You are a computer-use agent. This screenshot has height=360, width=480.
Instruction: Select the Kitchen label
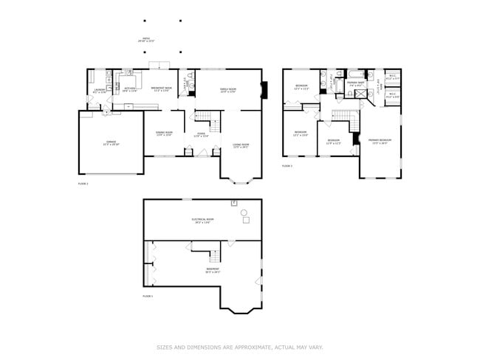coord(128,89)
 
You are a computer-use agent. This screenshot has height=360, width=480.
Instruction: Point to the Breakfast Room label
coord(162,89)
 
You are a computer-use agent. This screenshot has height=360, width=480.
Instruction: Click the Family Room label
coord(227,89)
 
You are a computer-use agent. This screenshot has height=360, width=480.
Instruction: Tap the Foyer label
coord(201,135)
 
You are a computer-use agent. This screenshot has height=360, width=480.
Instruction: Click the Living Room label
coord(241,145)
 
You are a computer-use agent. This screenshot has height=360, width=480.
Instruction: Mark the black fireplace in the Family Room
coord(265,90)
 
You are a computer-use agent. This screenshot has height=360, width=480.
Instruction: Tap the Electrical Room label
coord(202,221)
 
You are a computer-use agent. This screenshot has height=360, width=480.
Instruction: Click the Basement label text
coord(213,271)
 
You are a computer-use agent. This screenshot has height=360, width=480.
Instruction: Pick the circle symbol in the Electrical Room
coord(244,212)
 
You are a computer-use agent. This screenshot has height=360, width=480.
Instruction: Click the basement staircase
coord(215,256)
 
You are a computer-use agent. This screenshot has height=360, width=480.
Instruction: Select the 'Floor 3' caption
coord(287,166)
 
